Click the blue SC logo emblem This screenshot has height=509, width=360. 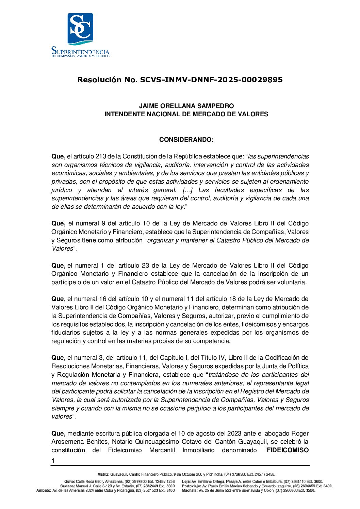[80, 29]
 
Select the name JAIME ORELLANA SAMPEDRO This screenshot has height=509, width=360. [186, 106]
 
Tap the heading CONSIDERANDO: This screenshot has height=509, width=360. [186, 140]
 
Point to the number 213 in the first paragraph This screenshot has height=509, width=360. [101, 156]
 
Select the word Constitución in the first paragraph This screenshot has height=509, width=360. [141, 156]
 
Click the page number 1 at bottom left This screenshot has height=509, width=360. [53, 461]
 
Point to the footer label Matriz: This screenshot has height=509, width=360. [103, 474]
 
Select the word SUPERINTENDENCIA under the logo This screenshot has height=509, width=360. [80, 52]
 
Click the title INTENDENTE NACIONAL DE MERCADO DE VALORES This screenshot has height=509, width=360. [186, 114]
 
